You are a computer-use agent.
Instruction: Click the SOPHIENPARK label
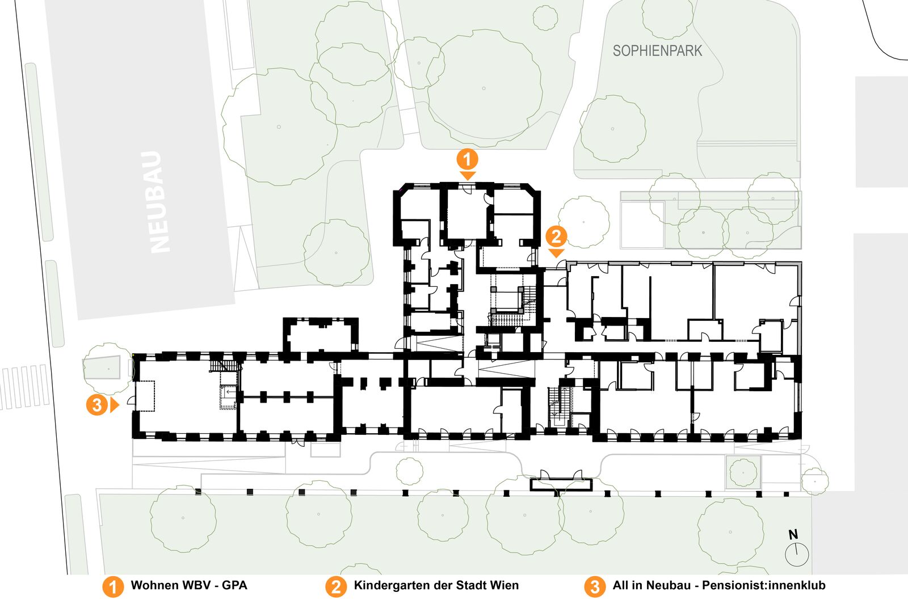[657, 50]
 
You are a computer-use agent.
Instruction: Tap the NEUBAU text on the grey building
[156, 202]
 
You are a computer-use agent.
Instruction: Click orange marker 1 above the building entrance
[468, 159]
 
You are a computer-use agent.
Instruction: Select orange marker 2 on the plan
[556, 236]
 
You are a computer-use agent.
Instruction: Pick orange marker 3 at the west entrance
[97, 404]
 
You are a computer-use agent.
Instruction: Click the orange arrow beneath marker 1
[468, 176]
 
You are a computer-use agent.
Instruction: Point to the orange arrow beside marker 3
[115, 405]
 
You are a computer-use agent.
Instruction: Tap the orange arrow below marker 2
[557, 253]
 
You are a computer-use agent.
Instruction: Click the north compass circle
[797, 555]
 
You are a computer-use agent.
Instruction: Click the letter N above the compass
[793, 535]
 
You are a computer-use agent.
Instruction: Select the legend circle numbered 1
[113, 587]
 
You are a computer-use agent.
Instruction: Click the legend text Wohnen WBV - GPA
[189, 585]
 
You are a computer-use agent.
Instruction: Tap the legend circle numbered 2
[335, 587]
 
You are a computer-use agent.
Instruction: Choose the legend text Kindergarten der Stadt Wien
[436, 585]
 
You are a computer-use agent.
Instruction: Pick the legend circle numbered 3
[595, 587]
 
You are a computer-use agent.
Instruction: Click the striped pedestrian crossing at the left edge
[25, 387]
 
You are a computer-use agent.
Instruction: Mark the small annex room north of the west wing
[321, 335]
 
